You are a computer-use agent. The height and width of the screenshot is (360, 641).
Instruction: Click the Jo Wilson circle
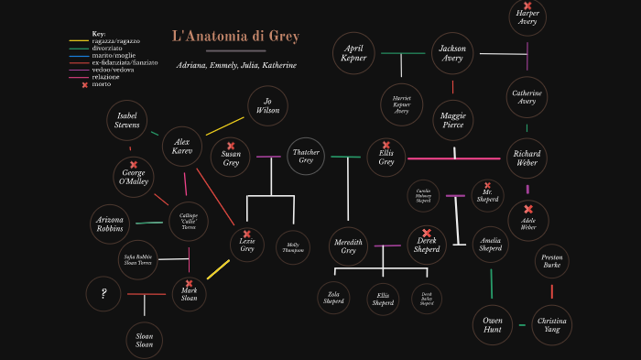point(267,106)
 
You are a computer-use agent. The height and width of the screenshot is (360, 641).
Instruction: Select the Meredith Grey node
point(348,245)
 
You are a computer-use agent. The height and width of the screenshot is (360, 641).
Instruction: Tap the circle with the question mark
point(104,294)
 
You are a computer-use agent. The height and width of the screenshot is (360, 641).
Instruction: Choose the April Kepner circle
point(353,53)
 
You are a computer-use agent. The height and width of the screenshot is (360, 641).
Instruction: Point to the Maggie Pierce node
point(452,120)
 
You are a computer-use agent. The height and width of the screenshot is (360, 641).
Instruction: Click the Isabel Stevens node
point(127,120)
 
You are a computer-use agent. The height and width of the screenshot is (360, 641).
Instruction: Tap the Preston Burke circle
point(551,261)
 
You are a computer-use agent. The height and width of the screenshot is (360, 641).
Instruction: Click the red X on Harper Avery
point(527,5)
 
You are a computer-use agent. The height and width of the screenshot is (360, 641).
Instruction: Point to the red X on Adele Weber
point(528,210)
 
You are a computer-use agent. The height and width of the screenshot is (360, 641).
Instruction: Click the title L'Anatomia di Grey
point(235,37)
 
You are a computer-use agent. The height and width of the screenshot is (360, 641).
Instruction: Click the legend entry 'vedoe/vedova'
point(112,70)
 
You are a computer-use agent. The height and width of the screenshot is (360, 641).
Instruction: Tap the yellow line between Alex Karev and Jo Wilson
point(225,125)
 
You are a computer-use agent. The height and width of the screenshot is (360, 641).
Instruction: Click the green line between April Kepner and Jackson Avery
point(403,53)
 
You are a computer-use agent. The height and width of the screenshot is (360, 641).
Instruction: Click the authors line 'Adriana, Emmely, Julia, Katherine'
point(235,65)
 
